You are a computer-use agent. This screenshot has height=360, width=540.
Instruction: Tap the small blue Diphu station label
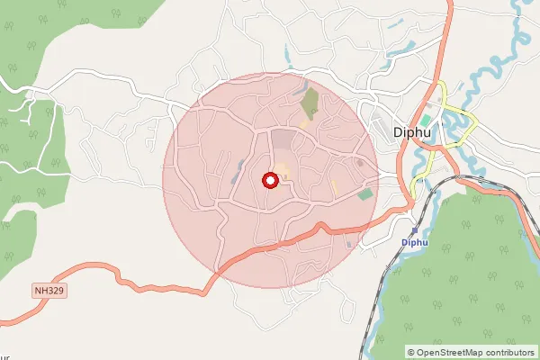(x=414, y=243)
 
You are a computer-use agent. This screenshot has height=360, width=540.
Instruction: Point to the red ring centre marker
(x=269, y=181)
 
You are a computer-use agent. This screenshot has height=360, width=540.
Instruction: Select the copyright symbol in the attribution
(x=410, y=353)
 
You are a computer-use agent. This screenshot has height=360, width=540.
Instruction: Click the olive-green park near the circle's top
(x=310, y=103)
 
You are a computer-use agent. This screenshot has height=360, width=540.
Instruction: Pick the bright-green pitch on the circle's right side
(x=364, y=193)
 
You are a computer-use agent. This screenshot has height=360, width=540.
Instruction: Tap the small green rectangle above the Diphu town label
(x=425, y=120)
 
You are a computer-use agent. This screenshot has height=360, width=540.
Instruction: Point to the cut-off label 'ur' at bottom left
(x=4, y=344)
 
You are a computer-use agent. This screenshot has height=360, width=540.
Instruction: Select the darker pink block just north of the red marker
(x=283, y=140)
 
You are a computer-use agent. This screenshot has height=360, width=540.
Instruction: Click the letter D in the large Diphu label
(x=400, y=134)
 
